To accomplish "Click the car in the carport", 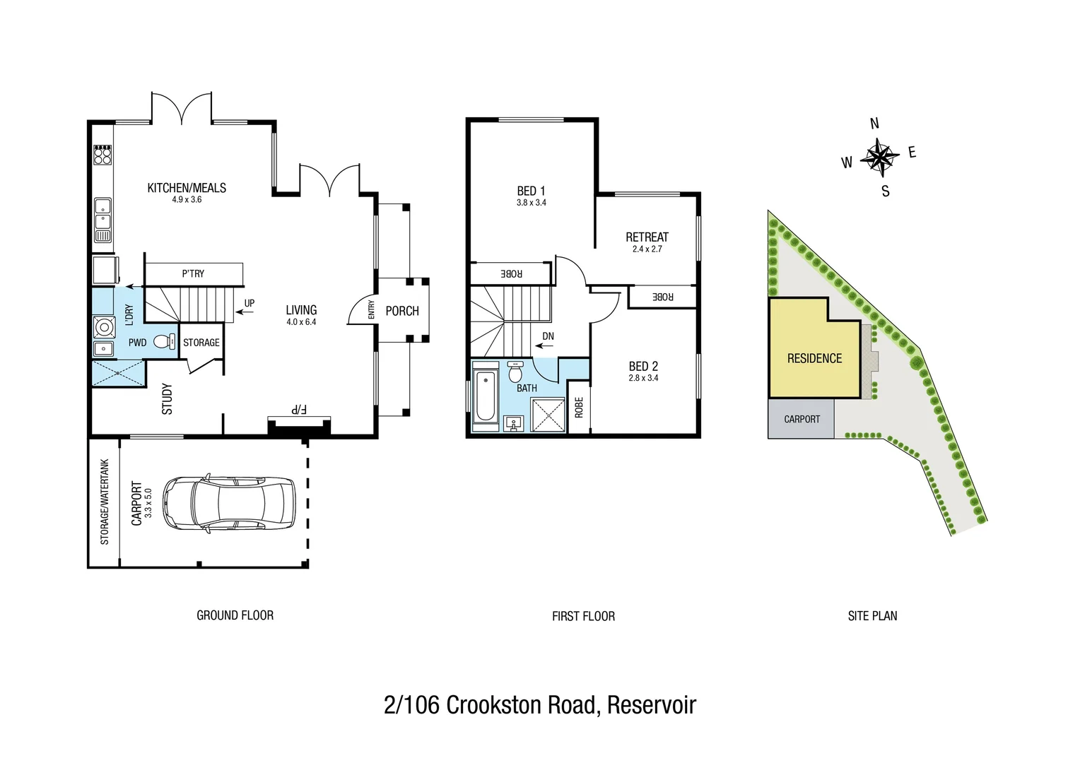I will click(x=229, y=503).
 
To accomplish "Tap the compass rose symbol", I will click(x=879, y=157).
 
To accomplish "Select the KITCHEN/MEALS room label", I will click(x=187, y=188).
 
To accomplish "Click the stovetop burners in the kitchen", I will click(x=102, y=155).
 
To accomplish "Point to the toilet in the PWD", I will click(x=163, y=342).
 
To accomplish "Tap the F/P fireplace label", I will click(x=299, y=410).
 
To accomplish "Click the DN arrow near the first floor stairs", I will click(x=545, y=345).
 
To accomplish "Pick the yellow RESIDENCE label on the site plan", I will click(x=814, y=359).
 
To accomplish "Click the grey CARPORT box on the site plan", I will click(x=802, y=419).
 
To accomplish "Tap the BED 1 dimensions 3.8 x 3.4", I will click(x=531, y=203).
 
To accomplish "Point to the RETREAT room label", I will click(x=647, y=237).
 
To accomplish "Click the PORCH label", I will click(x=402, y=311).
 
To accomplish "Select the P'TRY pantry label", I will click(x=193, y=273).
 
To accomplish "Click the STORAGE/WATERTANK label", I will click(x=105, y=502).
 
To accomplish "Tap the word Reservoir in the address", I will click(x=651, y=705).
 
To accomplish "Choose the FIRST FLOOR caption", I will click(x=583, y=616).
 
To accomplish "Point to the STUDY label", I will click(x=167, y=399).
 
